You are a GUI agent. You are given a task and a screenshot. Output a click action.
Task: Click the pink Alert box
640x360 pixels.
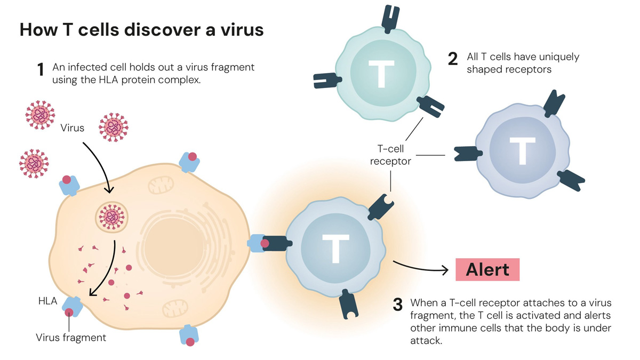(487, 269)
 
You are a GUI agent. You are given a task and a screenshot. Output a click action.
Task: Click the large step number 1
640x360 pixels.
(41, 69)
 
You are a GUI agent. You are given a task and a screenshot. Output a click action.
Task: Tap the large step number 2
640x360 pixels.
(453, 59)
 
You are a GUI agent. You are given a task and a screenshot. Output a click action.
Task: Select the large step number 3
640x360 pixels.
(398, 305)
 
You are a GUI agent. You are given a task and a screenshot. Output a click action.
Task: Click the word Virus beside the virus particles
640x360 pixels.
(73, 127)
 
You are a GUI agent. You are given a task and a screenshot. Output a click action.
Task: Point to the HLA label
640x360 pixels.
(47, 301)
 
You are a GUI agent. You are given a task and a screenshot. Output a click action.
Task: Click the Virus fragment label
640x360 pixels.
(71, 338)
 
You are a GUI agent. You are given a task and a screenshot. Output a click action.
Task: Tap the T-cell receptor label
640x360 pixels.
(390, 155)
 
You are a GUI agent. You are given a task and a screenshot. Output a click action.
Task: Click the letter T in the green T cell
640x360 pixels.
(381, 74)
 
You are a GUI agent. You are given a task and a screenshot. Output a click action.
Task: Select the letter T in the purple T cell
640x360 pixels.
(522, 151)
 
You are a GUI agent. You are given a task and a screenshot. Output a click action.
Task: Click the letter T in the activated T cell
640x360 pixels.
(335, 249)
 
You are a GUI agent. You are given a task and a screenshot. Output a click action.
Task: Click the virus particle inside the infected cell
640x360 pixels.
(111, 218)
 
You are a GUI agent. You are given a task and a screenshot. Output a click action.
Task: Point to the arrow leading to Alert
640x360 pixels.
(420, 268)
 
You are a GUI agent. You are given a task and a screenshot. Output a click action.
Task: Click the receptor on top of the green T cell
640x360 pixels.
(390, 19)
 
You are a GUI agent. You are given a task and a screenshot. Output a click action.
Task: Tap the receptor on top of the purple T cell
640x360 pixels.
(554, 104)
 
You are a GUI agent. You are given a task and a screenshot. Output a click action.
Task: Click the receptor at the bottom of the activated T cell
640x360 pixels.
(349, 305)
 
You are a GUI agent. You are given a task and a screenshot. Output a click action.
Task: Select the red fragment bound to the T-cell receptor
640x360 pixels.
(265, 243)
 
